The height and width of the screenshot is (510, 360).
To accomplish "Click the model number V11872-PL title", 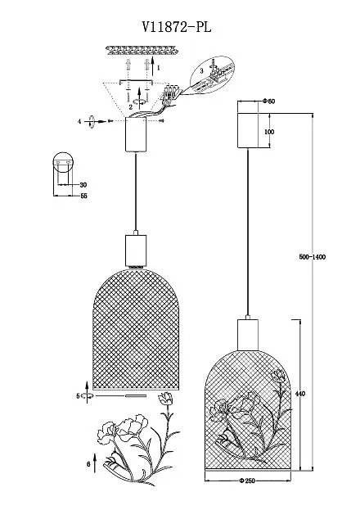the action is [x=176, y=27].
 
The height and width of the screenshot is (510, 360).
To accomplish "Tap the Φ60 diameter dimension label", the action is [x=269, y=102].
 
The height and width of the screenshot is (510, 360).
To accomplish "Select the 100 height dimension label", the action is [x=269, y=132].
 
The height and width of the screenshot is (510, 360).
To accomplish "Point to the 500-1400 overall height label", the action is [x=313, y=257].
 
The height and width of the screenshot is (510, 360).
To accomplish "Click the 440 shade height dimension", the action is [x=300, y=394].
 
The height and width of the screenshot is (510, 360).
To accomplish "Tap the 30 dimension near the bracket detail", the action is [x=83, y=185].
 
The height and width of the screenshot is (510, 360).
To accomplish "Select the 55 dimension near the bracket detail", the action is [x=84, y=196].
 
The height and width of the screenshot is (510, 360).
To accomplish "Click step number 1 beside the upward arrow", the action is [x=159, y=68].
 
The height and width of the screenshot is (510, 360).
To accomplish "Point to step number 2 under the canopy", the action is [x=130, y=106].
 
